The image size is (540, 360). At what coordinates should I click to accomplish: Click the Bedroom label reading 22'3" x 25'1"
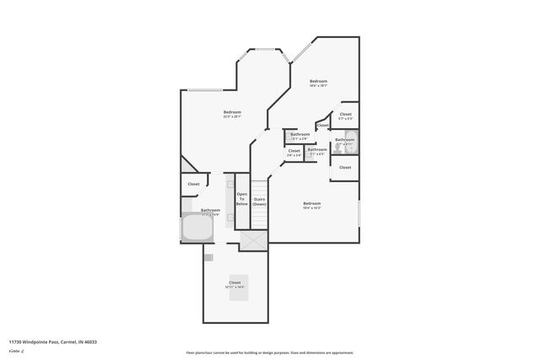click(x=232, y=115)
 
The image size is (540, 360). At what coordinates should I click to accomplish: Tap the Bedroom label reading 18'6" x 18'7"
click(x=317, y=83)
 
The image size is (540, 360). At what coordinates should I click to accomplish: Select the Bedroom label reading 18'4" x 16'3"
click(x=311, y=205)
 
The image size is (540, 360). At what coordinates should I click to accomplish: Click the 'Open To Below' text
click(x=241, y=199)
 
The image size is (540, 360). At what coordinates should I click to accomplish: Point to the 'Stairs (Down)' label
click(x=260, y=201)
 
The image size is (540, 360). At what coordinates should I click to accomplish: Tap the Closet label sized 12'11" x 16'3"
click(x=235, y=284)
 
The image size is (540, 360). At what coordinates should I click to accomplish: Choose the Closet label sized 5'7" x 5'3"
click(x=345, y=116)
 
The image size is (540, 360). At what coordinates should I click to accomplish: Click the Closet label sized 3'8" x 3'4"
click(x=294, y=152)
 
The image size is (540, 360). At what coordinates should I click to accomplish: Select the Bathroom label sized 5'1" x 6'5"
click(x=316, y=152)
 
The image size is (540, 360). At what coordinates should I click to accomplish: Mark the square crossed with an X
click(x=252, y=240)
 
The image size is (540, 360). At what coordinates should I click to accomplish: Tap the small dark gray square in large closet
click(x=208, y=257)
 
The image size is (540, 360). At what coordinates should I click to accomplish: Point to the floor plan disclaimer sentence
click(x=269, y=352)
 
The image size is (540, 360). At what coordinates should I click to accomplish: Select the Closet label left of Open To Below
click(x=193, y=184)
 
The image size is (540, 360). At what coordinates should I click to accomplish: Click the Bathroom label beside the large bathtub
click(x=210, y=211)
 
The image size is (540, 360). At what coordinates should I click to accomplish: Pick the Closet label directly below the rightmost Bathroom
click(x=345, y=167)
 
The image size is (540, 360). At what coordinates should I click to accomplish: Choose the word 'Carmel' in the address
click(x=69, y=342)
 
